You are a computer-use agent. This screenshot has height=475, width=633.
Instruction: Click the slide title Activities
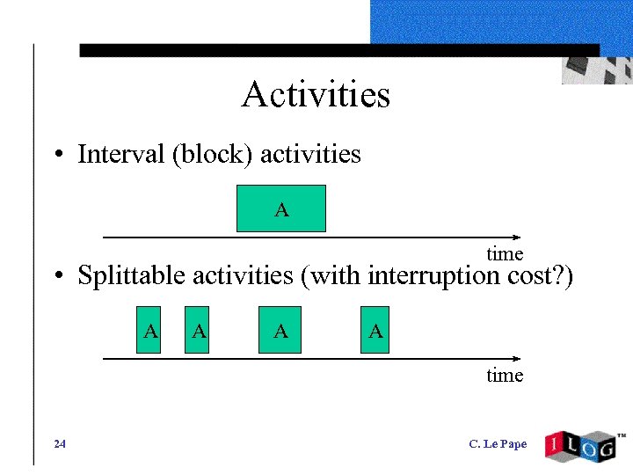click(x=316, y=94)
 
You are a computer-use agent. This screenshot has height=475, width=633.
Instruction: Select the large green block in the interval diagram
click(x=281, y=208)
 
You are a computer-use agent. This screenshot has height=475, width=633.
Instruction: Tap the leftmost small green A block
click(x=150, y=330)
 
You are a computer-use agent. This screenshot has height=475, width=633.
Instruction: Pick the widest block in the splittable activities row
click(x=280, y=330)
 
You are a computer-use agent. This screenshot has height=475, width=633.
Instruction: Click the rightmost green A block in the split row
click(x=375, y=330)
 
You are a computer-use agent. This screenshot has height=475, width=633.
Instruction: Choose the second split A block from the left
click(x=199, y=330)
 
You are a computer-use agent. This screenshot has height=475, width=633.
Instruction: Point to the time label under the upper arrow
click(x=505, y=254)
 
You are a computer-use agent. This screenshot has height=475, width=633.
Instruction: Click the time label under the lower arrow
click(x=505, y=376)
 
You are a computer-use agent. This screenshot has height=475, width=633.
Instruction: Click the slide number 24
click(x=59, y=444)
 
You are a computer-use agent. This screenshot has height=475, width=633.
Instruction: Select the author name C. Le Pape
click(x=498, y=444)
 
